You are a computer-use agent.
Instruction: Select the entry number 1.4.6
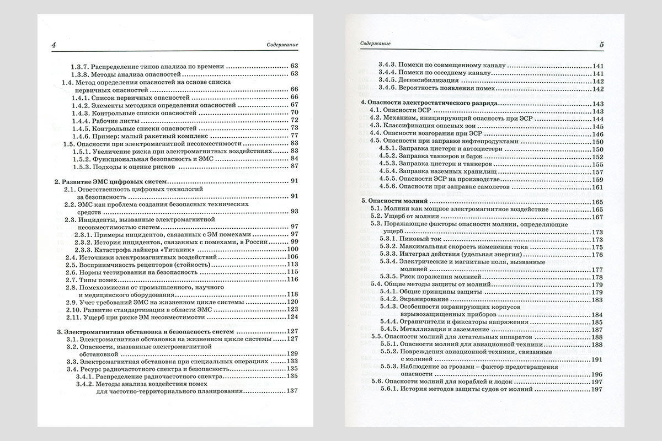82,135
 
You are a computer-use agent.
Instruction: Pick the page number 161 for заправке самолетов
598,187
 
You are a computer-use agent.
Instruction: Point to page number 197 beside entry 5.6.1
598,389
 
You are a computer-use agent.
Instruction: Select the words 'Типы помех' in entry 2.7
99,279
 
